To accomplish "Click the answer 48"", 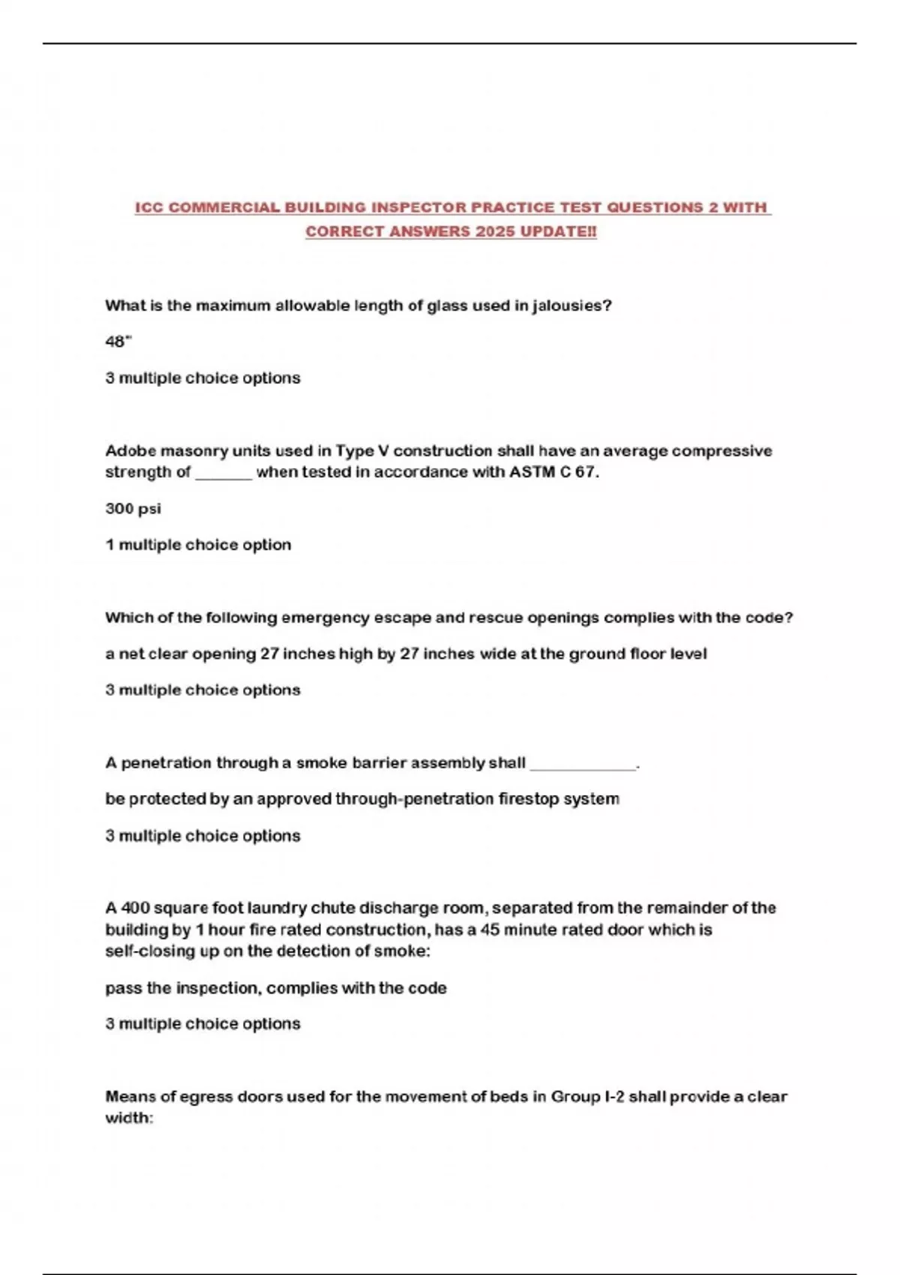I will [x=118, y=341].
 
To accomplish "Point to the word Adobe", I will [x=130, y=451].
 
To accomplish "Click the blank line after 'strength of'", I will [x=223, y=473].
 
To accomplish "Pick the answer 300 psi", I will [x=133, y=508].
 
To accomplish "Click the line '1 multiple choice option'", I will [x=198, y=544].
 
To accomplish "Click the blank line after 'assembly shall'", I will [x=583, y=764].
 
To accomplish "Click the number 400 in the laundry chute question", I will [x=136, y=907].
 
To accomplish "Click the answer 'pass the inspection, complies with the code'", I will [x=275, y=988].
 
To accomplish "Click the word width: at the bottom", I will [x=129, y=1117].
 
